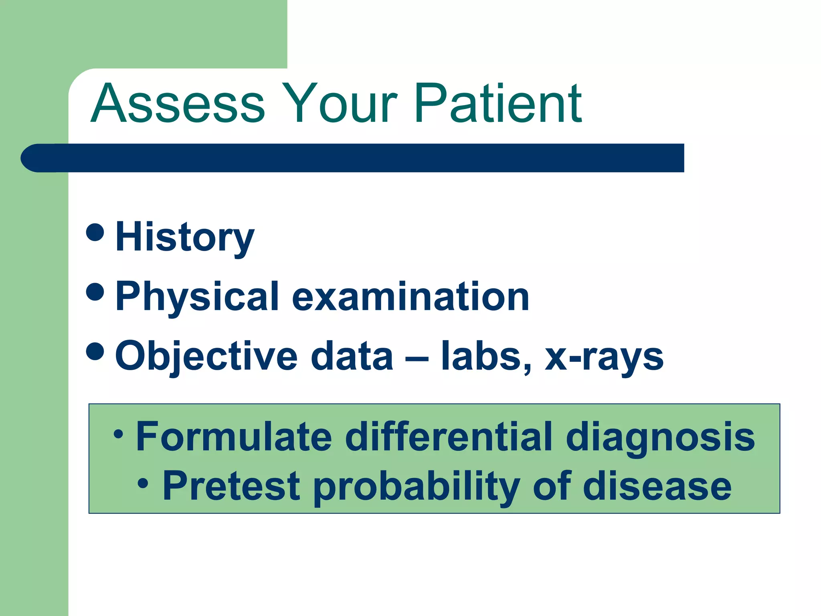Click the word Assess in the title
178,103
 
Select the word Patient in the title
497,103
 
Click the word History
184,237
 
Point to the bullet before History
95,232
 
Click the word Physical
197,297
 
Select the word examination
410,297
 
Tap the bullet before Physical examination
95,292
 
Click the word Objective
206,356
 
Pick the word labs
486,356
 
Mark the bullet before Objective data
95,351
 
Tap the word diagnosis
660,437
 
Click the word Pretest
231,486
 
